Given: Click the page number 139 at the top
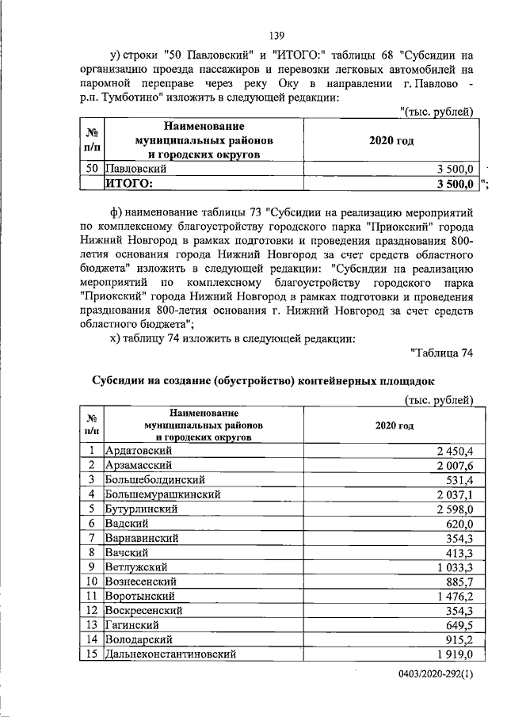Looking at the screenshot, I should (276, 36).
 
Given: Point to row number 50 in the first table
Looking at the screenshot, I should (91, 170).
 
